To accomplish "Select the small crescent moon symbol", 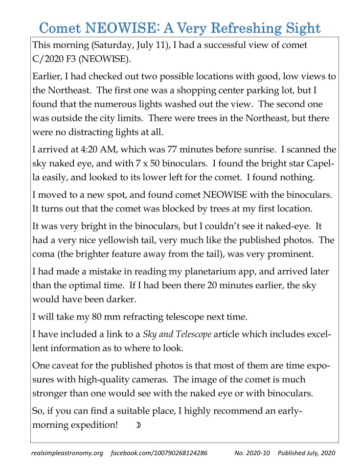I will click(x=138, y=424).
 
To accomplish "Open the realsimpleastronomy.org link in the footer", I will click(x=67, y=453).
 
